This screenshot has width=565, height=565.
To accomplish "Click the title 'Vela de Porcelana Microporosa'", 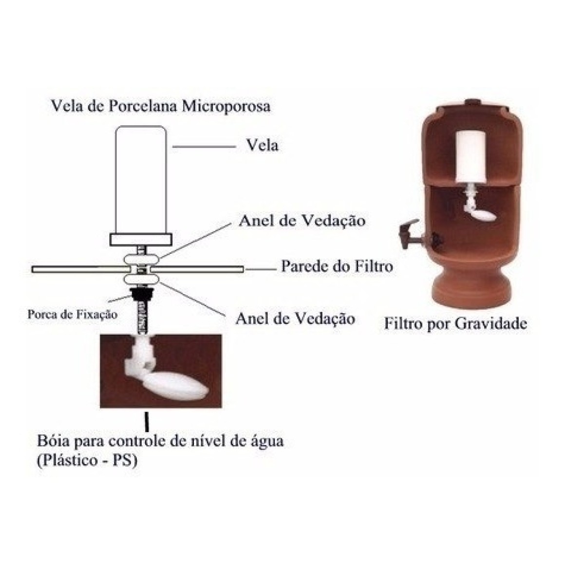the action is pyautogui.click(x=161, y=107).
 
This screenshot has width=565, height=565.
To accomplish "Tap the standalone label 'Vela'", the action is pyautogui.click(x=263, y=145).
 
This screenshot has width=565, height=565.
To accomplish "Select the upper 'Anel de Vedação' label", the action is pyautogui.click(x=302, y=221).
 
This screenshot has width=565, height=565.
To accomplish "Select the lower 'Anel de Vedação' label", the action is pyautogui.click(x=296, y=319).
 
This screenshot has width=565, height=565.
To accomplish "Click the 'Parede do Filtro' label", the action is pyautogui.click(x=337, y=266).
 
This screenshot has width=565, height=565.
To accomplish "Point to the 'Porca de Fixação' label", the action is pyautogui.click(x=73, y=315).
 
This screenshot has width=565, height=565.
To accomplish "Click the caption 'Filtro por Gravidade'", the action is pyautogui.click(x=455, y=323).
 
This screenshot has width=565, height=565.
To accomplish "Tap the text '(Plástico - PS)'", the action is pyautogui.click(x=87, y=460).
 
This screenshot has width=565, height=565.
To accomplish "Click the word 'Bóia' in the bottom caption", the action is pyautogui.click(x=52, y=441).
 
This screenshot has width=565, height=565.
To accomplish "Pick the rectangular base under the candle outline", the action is pyautogui.click(x=141, y=240).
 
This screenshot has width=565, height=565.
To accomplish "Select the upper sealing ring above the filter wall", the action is pyautogui.click(x=141, y=260).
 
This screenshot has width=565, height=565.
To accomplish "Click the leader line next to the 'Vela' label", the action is pyautogui.click(x=204, y=147).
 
